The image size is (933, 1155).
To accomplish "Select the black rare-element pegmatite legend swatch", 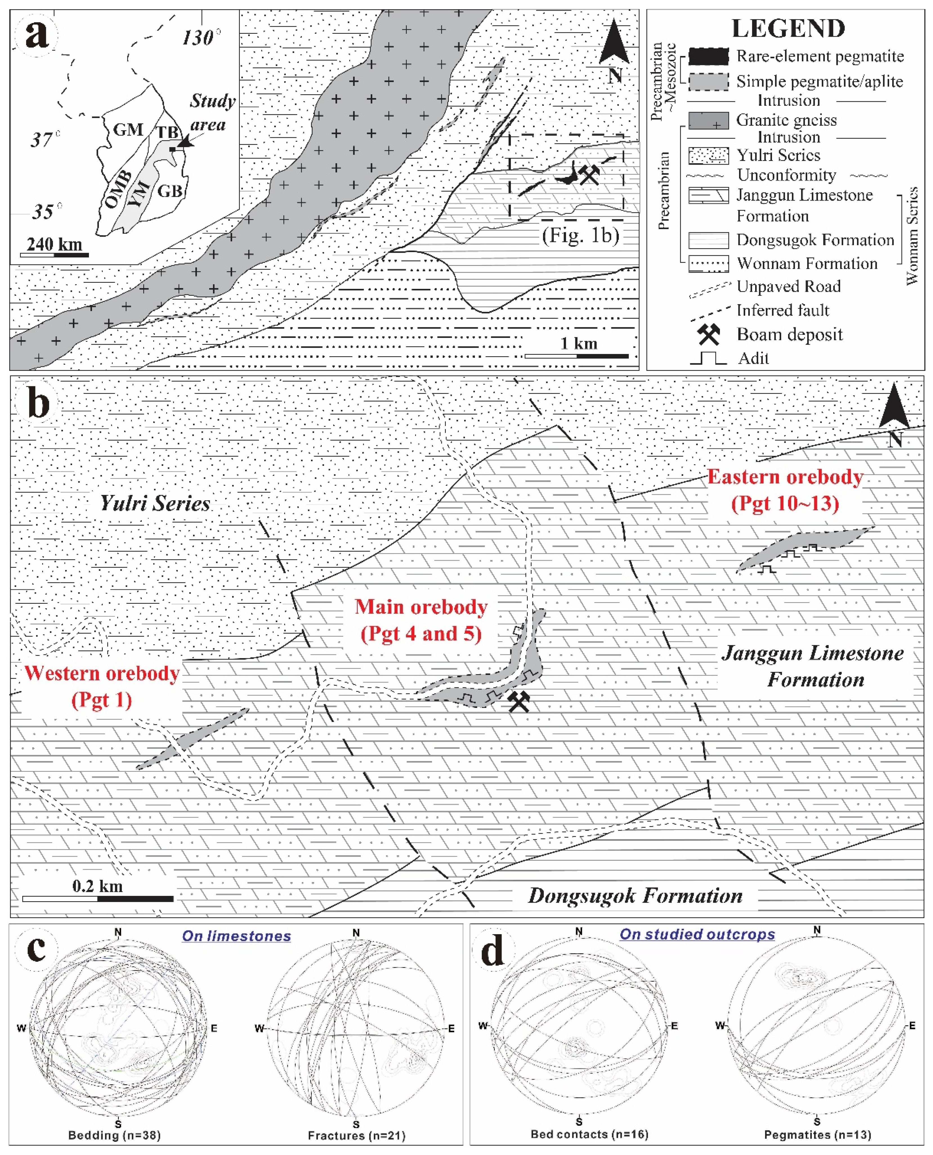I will (708, 56).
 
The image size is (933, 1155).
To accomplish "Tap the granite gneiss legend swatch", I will (708, 120).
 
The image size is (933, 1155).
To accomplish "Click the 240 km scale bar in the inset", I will (54, 255).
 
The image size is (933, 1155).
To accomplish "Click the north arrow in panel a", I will (614, 46).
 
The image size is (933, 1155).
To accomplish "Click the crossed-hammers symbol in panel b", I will (519, 702).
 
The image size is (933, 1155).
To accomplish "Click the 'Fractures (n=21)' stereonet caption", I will (356, 1135).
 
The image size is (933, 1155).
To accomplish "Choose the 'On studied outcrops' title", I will (697, 934).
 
